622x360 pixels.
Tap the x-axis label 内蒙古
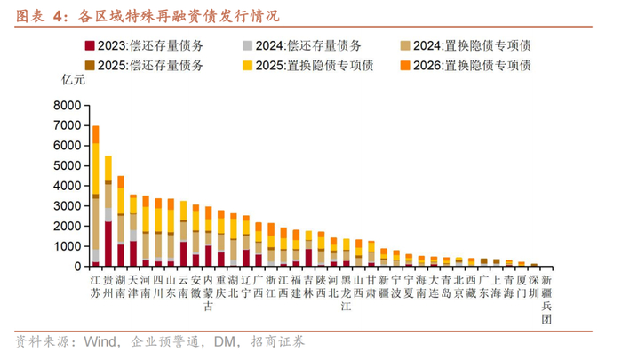(209, 292)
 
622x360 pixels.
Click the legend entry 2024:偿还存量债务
(302, 44)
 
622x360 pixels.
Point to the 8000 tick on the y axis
(67, 105)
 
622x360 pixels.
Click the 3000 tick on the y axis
(67, 206)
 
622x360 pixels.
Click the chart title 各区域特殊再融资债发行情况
(178, 15)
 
